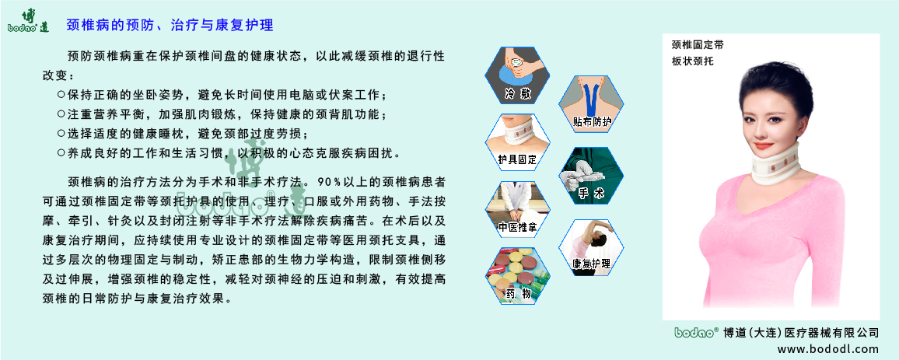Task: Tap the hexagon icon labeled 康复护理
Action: [592, 246]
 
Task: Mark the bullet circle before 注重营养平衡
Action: [61, 114]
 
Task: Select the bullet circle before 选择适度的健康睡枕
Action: [61, 133]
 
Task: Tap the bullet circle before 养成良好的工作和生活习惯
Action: [61, 152]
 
